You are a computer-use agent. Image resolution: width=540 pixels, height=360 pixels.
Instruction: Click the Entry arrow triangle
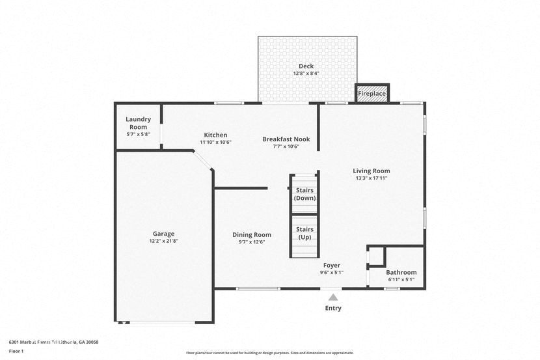click(x=333, y=297)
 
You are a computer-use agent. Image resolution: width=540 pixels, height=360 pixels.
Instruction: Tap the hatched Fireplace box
click(x=372, y=94)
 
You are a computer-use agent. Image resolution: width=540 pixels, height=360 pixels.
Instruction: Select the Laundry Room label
click(x=139, y=122)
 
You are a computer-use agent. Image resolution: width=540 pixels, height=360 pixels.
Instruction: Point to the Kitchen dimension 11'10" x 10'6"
click(x=215, y=142)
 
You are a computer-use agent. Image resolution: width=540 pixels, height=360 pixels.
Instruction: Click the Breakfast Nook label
click(x=286, y=139)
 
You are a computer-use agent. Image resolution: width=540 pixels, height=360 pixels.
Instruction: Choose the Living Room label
click(x=371, y=171)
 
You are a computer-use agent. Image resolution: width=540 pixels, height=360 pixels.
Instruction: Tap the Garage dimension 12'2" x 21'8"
click(x=164, y=241)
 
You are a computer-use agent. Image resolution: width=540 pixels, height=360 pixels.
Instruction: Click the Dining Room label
click(x=252, y=234)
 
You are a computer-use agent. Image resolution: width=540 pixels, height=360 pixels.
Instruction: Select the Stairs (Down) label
click(x=304, y=194)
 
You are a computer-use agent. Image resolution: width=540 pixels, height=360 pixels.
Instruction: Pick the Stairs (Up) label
click(x=304, y=233)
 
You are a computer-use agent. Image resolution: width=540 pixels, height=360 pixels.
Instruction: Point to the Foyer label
click(x=332, y=265)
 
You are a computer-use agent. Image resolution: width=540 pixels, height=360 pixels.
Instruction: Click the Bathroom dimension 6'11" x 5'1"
click(x=401, y=279)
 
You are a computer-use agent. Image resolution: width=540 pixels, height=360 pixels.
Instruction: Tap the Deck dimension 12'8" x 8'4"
click(x=306, y=74)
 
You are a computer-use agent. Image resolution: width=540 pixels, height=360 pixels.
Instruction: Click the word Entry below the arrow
click(x=333, y=308)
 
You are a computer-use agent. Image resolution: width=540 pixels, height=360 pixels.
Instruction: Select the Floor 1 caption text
click(x=16, y=351)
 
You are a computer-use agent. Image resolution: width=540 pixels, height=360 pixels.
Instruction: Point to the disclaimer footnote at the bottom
click(x=270, y=353)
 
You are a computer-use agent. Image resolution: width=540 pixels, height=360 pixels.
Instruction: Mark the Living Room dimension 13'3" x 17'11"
click(x=371, y=178)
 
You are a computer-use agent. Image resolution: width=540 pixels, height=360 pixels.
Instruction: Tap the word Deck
click(x=306, y=66)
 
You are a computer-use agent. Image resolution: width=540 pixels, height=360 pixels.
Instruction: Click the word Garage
click(x=164, y=234)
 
